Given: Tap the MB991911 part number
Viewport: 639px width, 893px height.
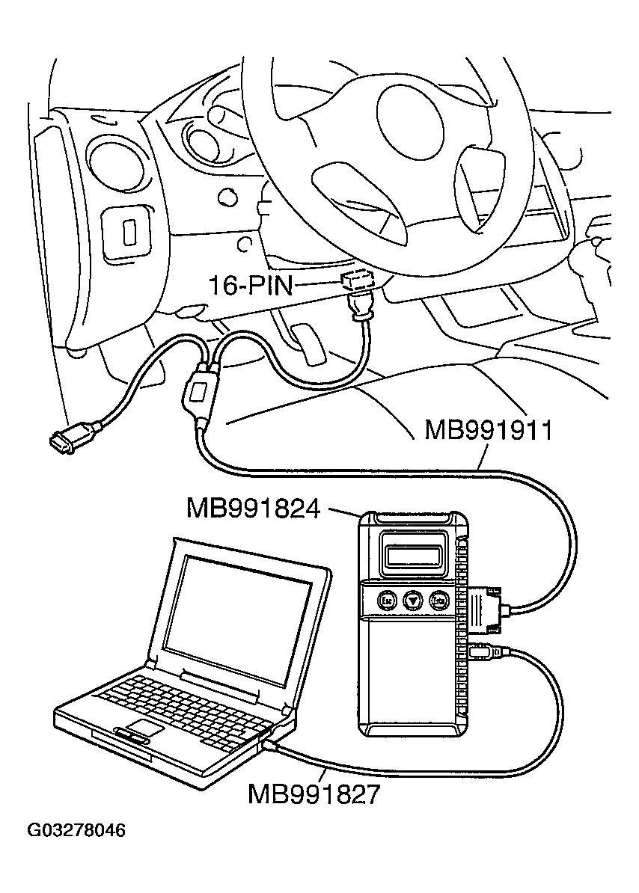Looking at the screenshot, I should (488, 431).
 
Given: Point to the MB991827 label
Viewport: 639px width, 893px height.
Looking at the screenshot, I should (314, 794).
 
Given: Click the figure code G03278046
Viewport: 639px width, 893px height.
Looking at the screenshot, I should (76, 831).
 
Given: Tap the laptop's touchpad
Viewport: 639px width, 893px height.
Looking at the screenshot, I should (143, 728).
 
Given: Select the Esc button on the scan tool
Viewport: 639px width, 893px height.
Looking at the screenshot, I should (386, 600).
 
